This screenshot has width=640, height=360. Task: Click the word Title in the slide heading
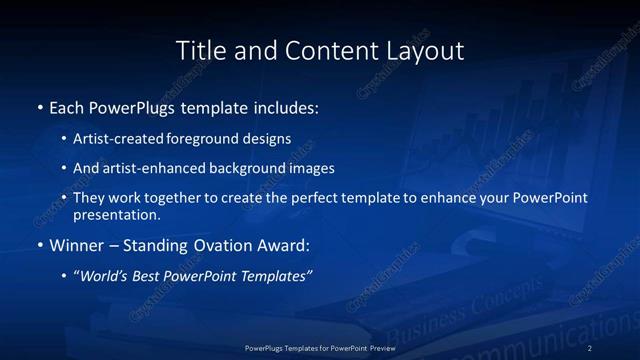click(198, 49)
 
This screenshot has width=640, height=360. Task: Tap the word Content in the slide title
click(323, 49)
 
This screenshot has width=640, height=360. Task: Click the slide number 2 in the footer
click(590, 347)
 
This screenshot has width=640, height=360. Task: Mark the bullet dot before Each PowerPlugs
click(39, 107)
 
